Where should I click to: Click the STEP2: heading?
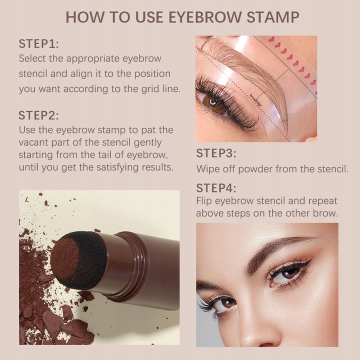(x=38, y=115)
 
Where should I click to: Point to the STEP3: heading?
(x=216, y=153)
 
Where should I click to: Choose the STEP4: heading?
(x=216, y=188)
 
